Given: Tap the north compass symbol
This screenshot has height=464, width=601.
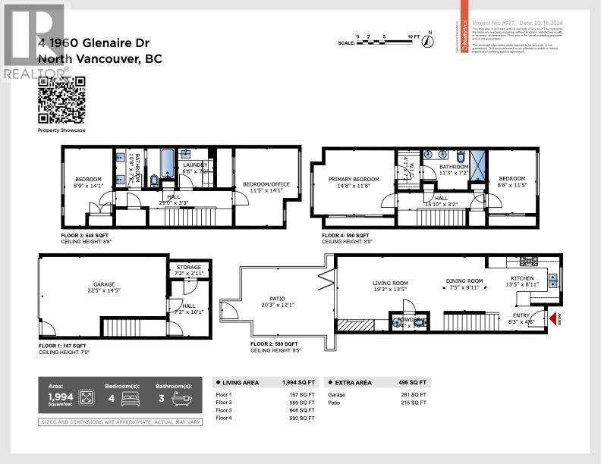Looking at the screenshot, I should click(430, 39).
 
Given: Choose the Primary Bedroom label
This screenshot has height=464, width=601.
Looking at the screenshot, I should click(353, 179).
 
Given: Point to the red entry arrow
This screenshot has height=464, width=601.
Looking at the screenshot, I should click(552, 319).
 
